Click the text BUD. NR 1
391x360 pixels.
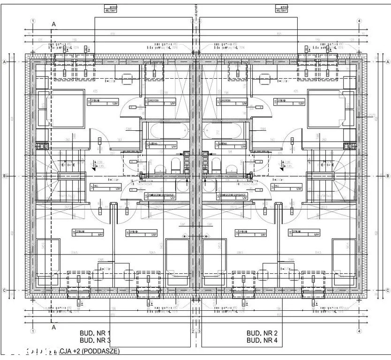point(95,333)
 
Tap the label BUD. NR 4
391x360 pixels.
point(263,340)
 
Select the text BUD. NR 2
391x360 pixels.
point(263,333)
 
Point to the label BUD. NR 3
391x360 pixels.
point(95,340)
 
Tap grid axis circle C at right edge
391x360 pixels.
point(387,290)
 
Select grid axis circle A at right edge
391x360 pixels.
point(387,61)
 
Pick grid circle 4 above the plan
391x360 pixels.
point(359,21)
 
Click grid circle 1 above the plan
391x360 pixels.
point(33,21)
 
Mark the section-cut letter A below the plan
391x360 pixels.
point(54,327)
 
